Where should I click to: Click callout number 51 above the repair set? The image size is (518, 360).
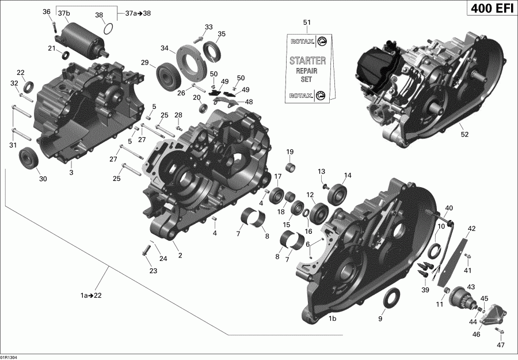click(x=307, y=22)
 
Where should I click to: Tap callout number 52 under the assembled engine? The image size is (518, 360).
click(x=464, y=134)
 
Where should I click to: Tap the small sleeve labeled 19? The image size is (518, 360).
click(x=291, y=169)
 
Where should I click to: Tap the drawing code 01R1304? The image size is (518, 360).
click(x=12, y=357)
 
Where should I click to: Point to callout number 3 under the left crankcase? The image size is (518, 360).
click(x=71, y=172)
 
